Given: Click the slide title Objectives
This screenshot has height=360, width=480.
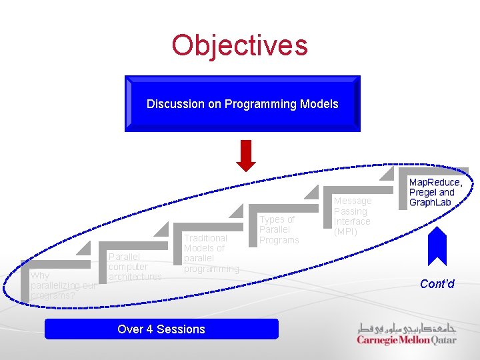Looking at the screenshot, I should tap(239, 45).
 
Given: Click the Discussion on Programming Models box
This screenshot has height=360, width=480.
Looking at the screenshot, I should tap(242, 104).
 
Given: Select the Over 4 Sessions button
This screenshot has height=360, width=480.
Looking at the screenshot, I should tap(161, 329).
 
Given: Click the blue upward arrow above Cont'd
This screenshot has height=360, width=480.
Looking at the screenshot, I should tap(437, 247).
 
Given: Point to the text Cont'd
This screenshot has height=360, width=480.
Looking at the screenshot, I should tap(437, 284).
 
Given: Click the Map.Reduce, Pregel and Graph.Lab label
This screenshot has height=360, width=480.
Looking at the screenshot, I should tap(435, 192).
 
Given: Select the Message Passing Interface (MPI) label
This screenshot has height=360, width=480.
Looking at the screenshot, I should tap(352, 216).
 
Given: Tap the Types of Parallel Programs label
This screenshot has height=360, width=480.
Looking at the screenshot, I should tap(279, 229).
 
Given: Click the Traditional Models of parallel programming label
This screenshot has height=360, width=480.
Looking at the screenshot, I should tap(211, 253).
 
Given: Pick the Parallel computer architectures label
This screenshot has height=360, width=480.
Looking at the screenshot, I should tap(135, 267).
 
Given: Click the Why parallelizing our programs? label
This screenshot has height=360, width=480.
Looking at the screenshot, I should tap(63, 285).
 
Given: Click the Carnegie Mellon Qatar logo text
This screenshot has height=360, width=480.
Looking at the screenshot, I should tap(406, 340).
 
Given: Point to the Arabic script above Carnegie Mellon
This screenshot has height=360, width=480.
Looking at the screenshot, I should tap(407, 327).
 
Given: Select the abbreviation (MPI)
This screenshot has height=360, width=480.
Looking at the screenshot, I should tap(345, 232).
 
